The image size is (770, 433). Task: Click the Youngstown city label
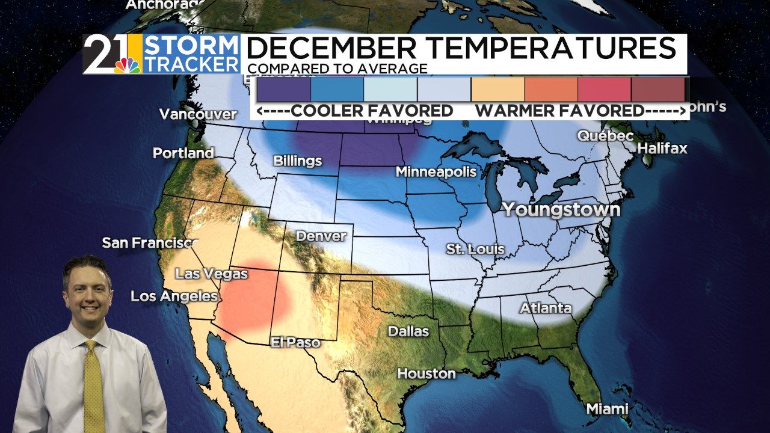(561, 209)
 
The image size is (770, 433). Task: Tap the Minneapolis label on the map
(436, 172)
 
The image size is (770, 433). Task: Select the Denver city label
(321, 236)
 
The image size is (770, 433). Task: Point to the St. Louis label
(475, 249)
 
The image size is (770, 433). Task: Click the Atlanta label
(546, 309)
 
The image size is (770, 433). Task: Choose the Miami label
(607, 409)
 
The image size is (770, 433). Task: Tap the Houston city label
(427, 373)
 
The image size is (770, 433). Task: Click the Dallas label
(408, 331)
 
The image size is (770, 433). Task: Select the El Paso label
(295, 342)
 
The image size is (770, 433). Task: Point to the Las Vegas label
(211, 274)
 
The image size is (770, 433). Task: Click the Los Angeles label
(174, 296)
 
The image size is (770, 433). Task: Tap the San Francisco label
(150, 243)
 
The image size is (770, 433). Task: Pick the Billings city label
(297, 161)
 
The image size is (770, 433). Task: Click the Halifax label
(662, 148)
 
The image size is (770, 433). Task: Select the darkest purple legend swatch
(283, 89)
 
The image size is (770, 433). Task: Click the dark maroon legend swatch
(658, 89)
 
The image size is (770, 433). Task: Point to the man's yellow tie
(93, 385)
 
